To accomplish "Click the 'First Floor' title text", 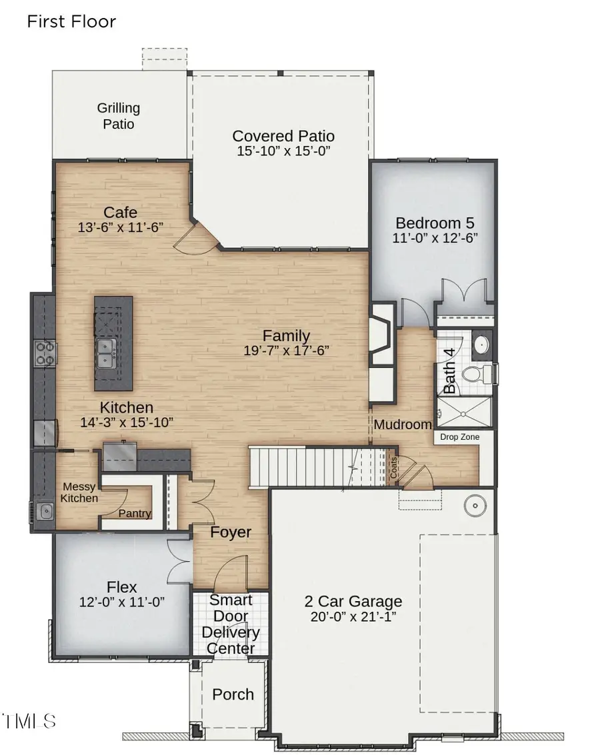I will [x=71, y=21].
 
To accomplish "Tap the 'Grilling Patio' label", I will [x=119, y=116].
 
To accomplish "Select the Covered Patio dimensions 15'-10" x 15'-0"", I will [x=283, y=152].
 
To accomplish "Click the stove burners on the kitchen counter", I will [x=45, y=353].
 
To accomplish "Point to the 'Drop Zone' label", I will [x=458, y=437].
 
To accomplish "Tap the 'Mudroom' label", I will [x=403, y=424].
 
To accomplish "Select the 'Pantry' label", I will [x=135, y=514].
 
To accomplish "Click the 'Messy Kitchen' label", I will [x=79, y=492].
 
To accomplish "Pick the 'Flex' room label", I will [x=122, y=587].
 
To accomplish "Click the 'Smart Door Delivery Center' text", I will [x=230, y=624].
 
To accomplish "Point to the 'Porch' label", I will [x=233, y=694].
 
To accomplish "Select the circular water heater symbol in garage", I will [x=477, y=506].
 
